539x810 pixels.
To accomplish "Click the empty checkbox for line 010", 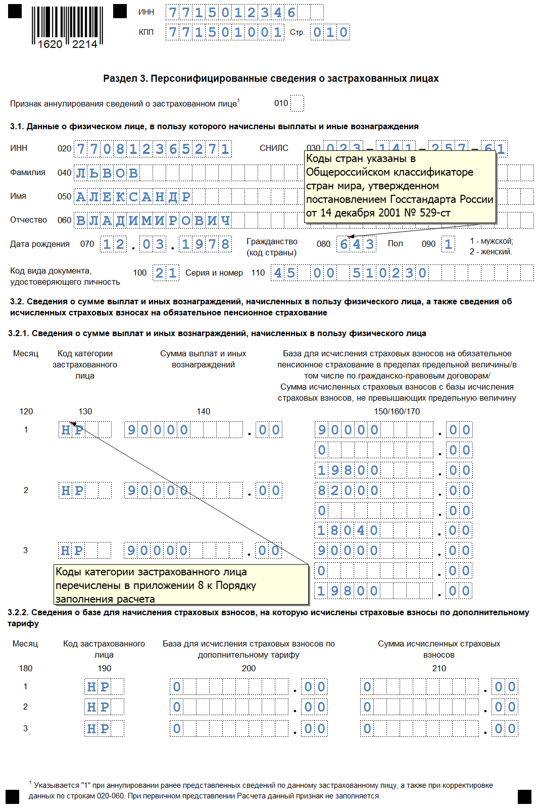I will (297, 103).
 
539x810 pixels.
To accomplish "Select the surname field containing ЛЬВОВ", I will (107, 173).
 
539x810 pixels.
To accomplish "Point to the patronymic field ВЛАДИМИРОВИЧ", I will (153, 220).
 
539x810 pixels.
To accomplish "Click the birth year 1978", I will (206, 244).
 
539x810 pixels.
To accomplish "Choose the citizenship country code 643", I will (357, 244).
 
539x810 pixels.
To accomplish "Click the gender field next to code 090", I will (448, 244).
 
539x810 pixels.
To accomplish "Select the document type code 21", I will (166, 273).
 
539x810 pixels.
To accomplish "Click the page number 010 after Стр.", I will (330, 32).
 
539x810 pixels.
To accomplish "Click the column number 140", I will (204, 411).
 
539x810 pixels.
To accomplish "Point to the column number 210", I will (439, 668).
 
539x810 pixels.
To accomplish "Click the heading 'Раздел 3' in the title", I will (125, 78).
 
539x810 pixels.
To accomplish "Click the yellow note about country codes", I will (400, 186).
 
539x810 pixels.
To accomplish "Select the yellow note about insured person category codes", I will (181, 585).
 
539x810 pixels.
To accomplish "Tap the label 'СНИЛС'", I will (274, 148).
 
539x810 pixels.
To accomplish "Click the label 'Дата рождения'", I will (40, 244).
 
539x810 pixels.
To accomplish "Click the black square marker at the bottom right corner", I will (524, 796).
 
